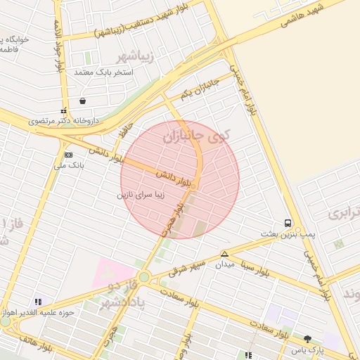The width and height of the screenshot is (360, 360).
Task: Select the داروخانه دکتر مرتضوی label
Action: tap(64, 121)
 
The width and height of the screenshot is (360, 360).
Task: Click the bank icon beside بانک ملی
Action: tap(68, 155)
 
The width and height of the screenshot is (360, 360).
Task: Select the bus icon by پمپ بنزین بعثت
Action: tap(288, 223)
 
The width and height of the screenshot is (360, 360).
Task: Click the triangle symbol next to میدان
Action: tap(224, 254)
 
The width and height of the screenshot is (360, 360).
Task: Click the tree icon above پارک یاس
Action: tap(307, 339)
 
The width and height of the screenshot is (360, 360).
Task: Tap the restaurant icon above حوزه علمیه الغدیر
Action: tap(38, 301)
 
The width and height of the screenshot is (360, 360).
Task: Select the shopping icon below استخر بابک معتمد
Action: tap(84, 101)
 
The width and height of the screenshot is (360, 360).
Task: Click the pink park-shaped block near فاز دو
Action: tap(113, 271)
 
